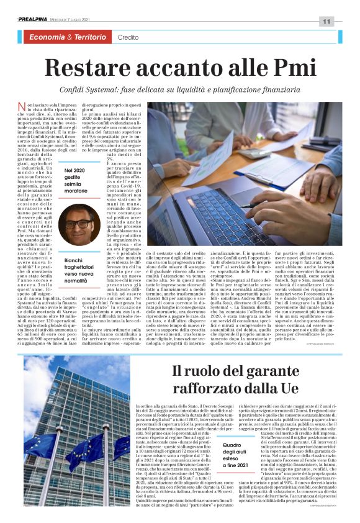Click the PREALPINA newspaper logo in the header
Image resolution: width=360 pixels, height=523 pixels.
point(32,20)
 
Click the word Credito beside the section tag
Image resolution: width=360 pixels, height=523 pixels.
point(128,38)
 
